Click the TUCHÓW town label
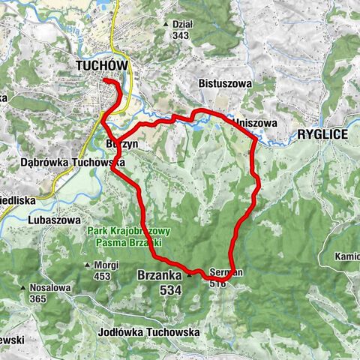point(103,66)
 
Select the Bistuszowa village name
point(223,84)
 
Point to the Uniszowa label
point(256,121)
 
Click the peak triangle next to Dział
point(166,24)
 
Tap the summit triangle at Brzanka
point(190,274)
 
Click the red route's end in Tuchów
point(104,79)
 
